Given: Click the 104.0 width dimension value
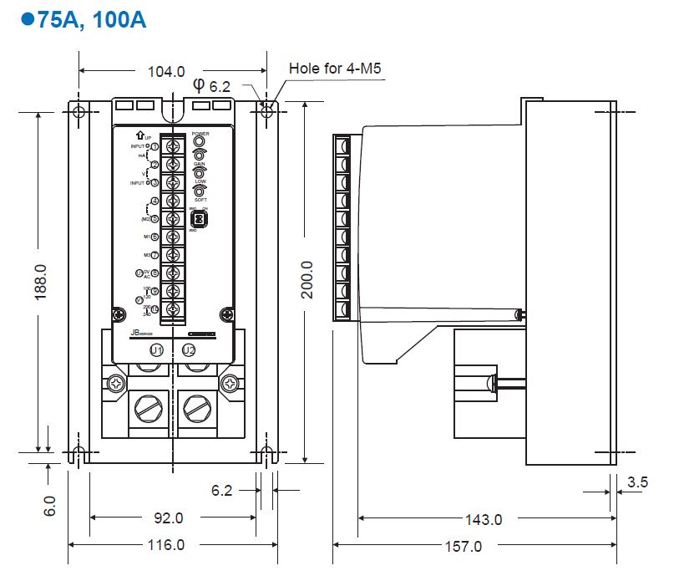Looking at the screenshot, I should [165, 72].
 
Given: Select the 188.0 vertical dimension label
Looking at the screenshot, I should [41, 283].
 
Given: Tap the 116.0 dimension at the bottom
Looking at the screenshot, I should [165, 545].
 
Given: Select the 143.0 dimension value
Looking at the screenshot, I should [484, 519].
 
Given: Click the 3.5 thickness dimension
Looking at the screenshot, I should [637, 482].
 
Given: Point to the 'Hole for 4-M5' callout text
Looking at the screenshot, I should [335, 68].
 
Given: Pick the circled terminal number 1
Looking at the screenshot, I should [155, 147].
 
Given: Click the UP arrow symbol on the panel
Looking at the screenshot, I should [139, 135].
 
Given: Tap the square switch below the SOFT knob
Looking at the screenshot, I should [200, 218].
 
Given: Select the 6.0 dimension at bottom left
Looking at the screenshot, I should [50, 506].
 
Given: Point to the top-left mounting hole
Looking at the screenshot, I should [79, 111].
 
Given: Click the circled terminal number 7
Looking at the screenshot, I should [155, 255].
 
